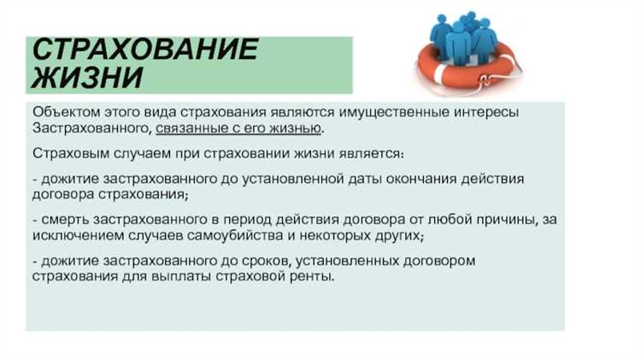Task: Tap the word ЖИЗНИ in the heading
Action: point(86,78)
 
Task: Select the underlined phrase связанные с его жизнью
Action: point(240,128)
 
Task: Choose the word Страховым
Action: point(68,154)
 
